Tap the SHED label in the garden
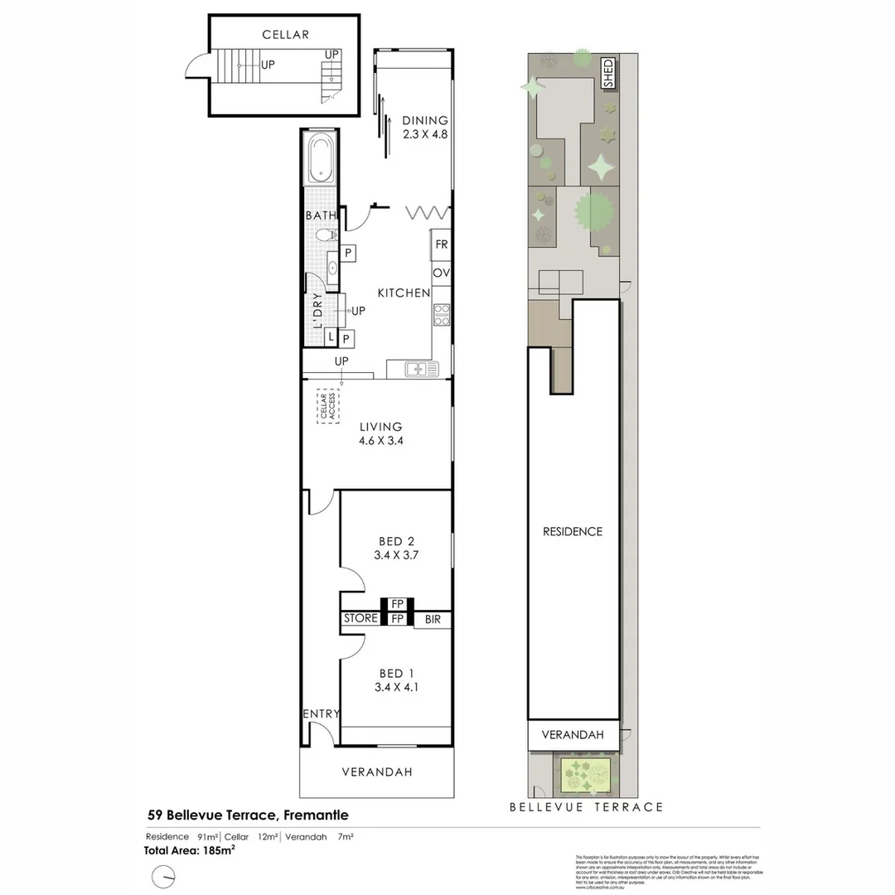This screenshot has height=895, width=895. click(x=607, y=74)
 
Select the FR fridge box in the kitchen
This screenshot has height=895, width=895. click(x=441, y=244)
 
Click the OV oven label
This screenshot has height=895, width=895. click(x=441, y=273)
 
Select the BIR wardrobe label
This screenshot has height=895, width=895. click(x=433, y=618)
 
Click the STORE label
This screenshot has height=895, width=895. click(x=360, y=618)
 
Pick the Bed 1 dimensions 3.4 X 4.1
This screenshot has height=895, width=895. click(x=393, y=687)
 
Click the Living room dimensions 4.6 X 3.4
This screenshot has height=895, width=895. click(x=380, y=442)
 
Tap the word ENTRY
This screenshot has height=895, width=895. click(x=322, y=714)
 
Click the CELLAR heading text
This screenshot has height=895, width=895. click(x=285, y=35)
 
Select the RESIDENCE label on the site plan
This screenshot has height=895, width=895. click(x=573, y=531)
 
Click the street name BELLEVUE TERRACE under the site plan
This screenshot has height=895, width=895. click(x=586, y=806)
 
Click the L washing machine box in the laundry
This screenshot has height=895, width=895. click(x=330, y=337)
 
